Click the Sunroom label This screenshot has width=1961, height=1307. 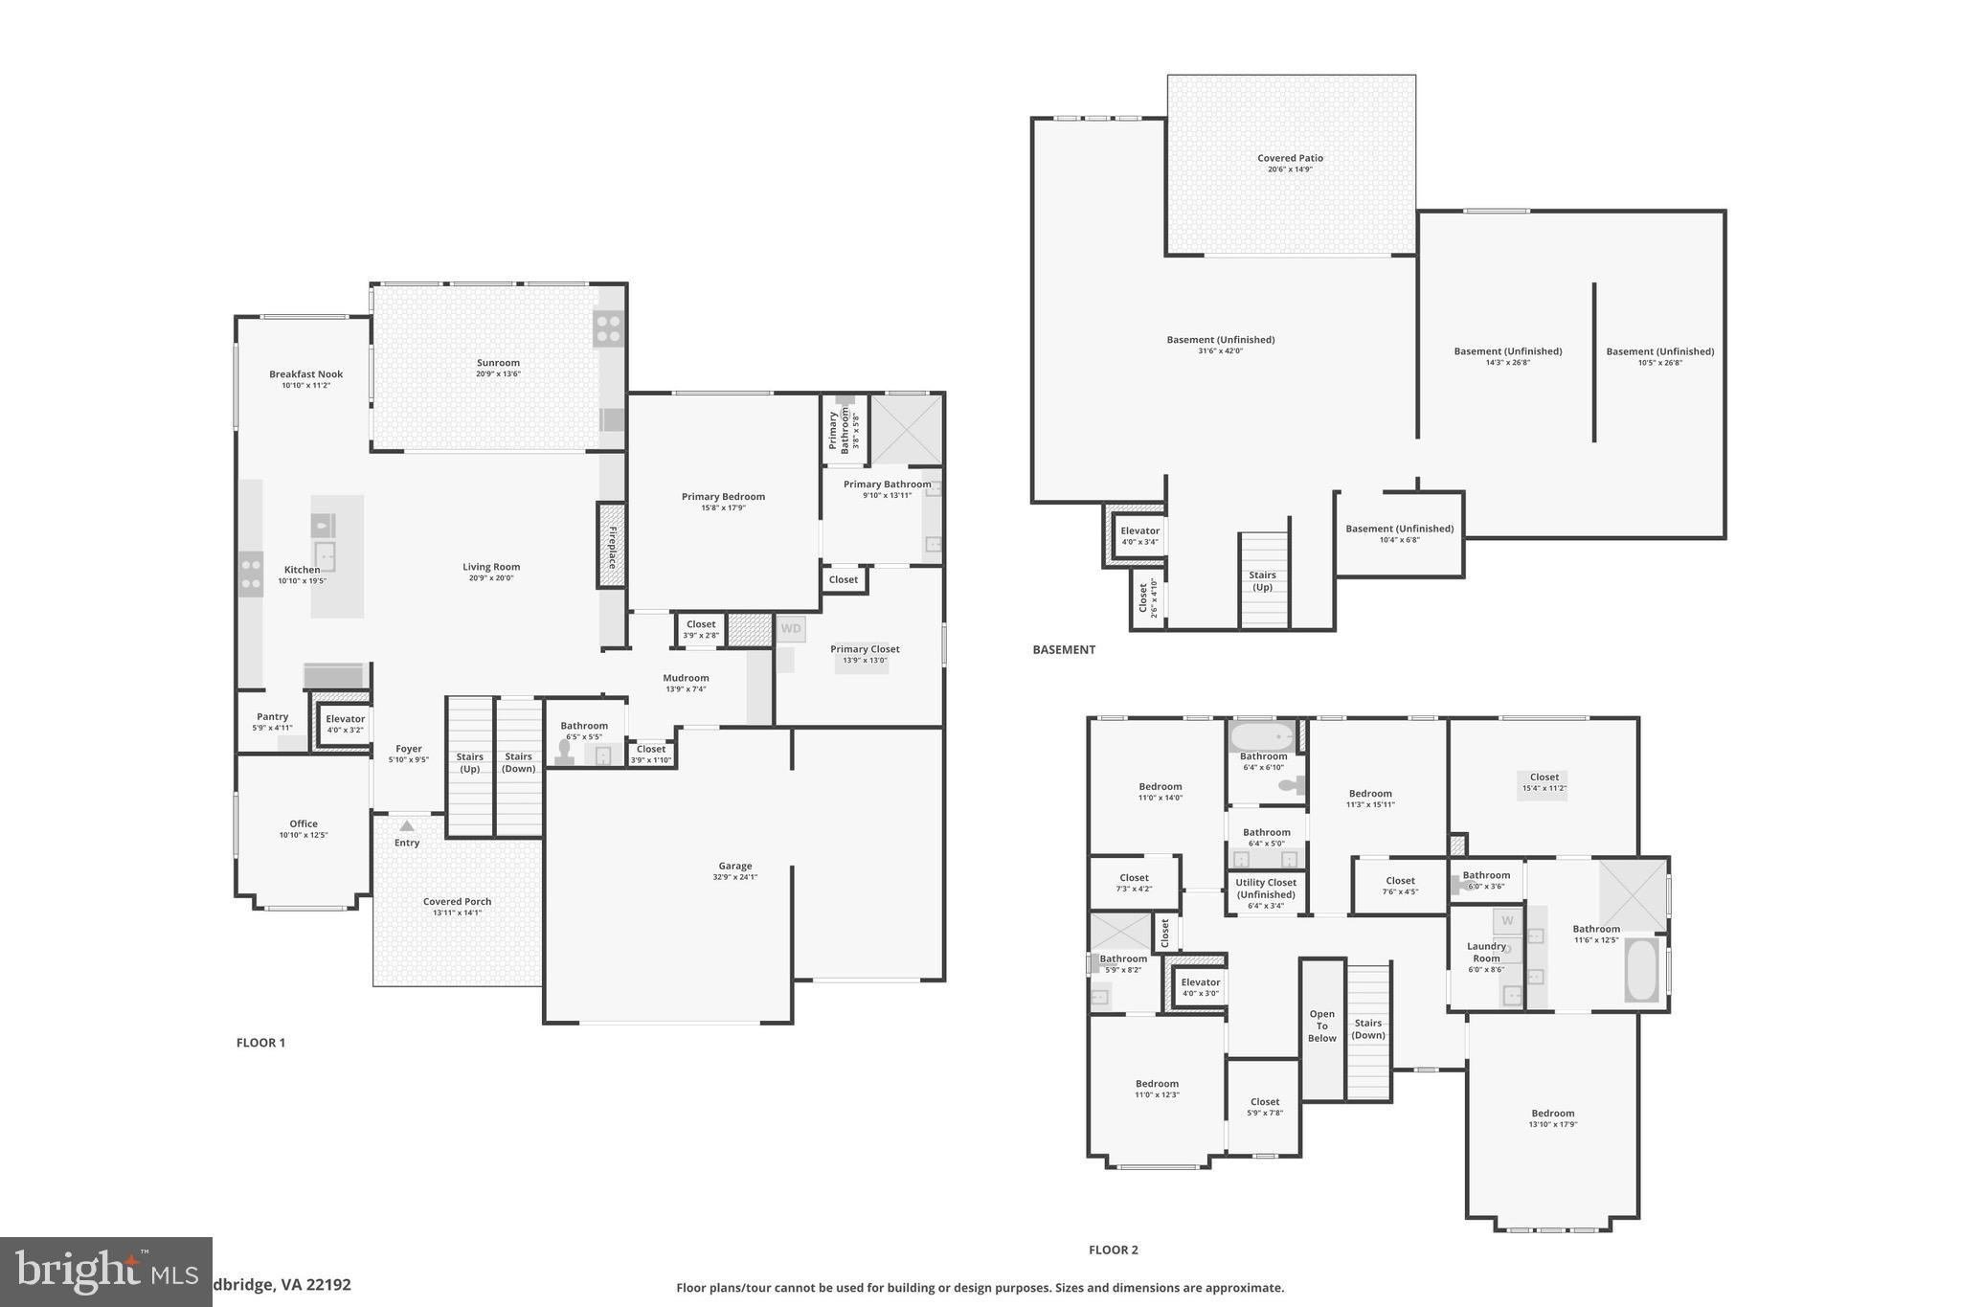(x=498, y=363)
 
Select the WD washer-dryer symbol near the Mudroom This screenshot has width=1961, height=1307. (x=790, y=629)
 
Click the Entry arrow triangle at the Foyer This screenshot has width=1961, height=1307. (x=407, y=825)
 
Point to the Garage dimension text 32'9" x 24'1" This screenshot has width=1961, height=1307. (x=734, y=877)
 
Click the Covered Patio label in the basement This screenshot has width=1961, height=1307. (x=1290, y=158)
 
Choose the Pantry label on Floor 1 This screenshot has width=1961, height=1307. (x=273, y=716)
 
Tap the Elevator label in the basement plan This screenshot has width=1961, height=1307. (x=1139, y=530)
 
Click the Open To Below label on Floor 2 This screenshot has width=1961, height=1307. (x=1321, y=1025)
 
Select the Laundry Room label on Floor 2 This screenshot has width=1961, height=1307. (x=1486, y=952)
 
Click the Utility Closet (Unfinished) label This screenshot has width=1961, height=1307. (x=1266, y=889)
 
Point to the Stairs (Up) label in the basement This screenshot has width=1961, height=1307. (x=1262, y=581)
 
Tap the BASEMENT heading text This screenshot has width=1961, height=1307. (x=1063, y=649)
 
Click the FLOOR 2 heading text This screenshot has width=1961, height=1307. (x=1113, y=1250)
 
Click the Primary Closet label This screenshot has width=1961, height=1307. (x=865, y=649)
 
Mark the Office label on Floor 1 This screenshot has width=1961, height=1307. (x=304, y=823)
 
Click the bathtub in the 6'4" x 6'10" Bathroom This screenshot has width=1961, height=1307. (x=1261, y=737)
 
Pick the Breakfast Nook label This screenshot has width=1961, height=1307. (x=305, y=374)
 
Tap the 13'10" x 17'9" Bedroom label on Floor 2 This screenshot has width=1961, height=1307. (x=1552, y=1114)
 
